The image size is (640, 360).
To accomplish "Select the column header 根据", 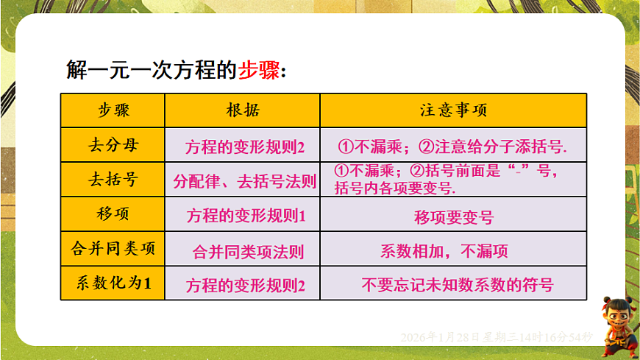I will click(243, 110).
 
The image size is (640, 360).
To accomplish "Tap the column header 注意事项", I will click(453, 110).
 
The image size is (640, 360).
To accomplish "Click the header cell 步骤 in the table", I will click(113, 110).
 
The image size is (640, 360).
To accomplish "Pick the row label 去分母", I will click(113, 145).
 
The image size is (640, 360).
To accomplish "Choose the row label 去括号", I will click(113, 180).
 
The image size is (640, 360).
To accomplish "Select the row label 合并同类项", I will click(113, 249).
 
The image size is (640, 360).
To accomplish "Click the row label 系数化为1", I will click(113, 283).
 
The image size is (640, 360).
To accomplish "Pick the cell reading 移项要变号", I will click(454, 217).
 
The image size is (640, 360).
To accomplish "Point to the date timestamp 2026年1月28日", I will click(434, 336).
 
